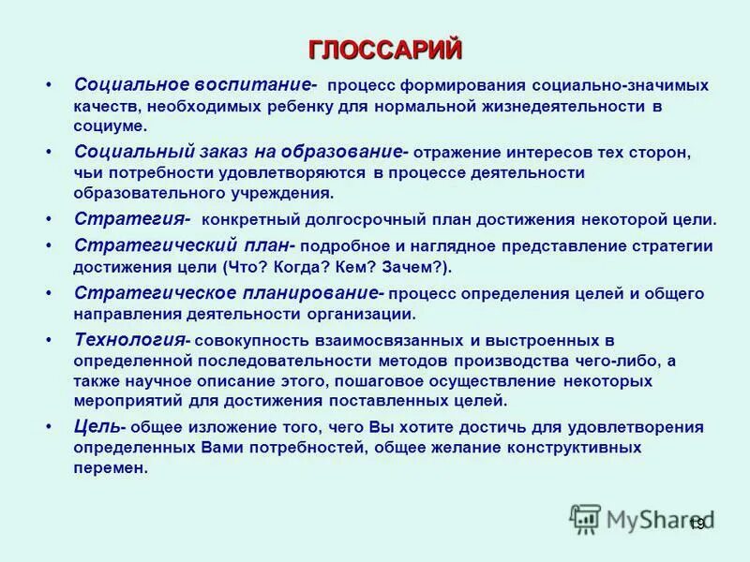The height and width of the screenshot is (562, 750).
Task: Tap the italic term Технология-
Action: [x=133, y=340]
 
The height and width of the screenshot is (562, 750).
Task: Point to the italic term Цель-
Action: [x=99, y=426]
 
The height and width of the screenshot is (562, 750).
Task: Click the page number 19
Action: [x=696, y=524]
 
